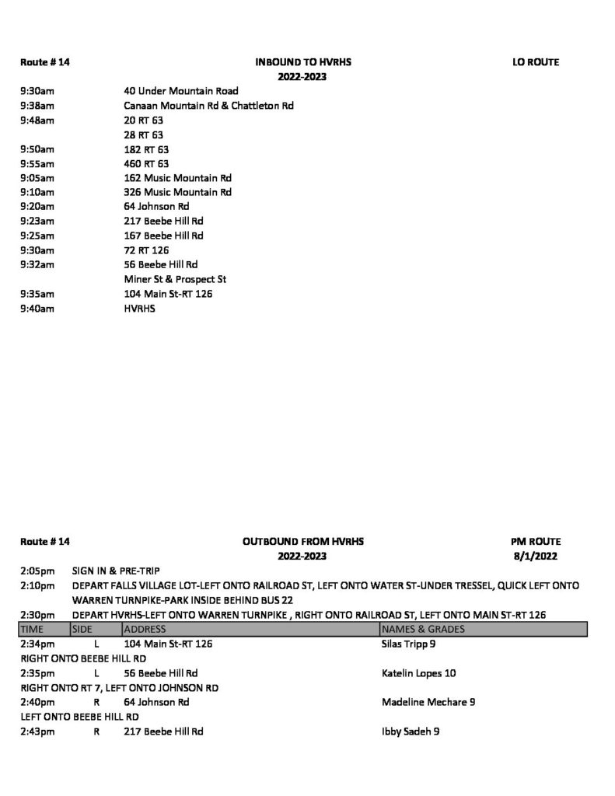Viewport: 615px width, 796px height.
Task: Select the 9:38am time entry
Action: pyautogui.click(x=37, y=106)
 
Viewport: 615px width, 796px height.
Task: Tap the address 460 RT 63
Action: pyautogui.click(x=146, y=163)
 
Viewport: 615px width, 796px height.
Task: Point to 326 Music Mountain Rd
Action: pyautogui.click(x=177, y=192)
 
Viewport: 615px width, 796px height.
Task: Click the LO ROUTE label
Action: pyautogui.click(x=536, y=62)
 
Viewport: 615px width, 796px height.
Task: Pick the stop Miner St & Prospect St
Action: pyautogui.click(x=175, y=279)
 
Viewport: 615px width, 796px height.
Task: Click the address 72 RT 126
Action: pyautogui.click(x=146, y=250)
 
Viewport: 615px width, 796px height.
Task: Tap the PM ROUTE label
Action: pyautogui.click(x=537, y=541)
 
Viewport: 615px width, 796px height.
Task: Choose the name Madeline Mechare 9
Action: pyautogui.click(x=428, y=702)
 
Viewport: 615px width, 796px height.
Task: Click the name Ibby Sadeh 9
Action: pyautogui.click(x=411, y=731)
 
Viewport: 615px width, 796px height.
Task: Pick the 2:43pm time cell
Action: pyautogui.click(x=37, y=731)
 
